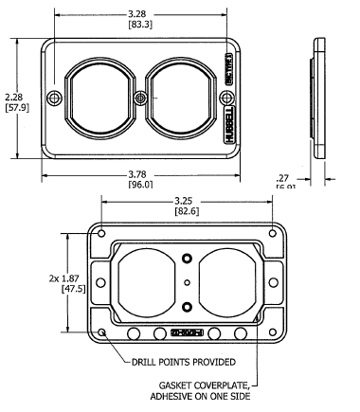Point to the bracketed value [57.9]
(16, 109)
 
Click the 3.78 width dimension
(142, 172)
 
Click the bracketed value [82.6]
(187, 212)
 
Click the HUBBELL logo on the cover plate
(229, 121)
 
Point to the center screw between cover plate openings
(141, 98)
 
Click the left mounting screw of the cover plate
(55, 98)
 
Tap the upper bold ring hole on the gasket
(188, 259)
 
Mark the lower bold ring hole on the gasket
(188, 306)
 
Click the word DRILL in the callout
(147, 361)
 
